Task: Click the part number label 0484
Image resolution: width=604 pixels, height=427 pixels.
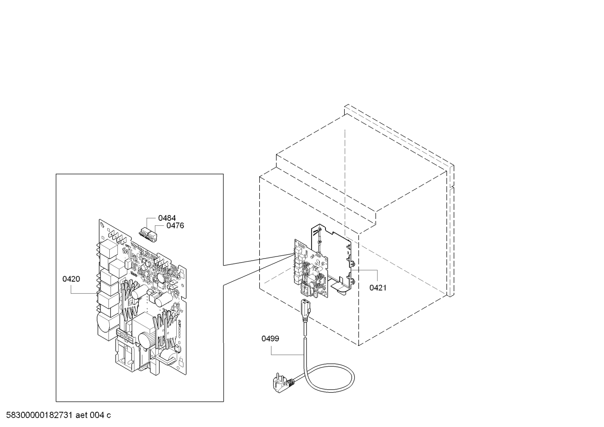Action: click(167, 218)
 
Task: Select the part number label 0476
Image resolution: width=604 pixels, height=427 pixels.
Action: click(175, 226)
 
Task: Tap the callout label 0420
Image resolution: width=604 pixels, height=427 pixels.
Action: click(71, 279)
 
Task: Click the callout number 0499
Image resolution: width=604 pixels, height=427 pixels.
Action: click(270, 339)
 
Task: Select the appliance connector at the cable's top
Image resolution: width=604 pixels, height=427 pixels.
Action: click(305, 310)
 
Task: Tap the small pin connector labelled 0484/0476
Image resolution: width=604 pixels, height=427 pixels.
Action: click(147, 233)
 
